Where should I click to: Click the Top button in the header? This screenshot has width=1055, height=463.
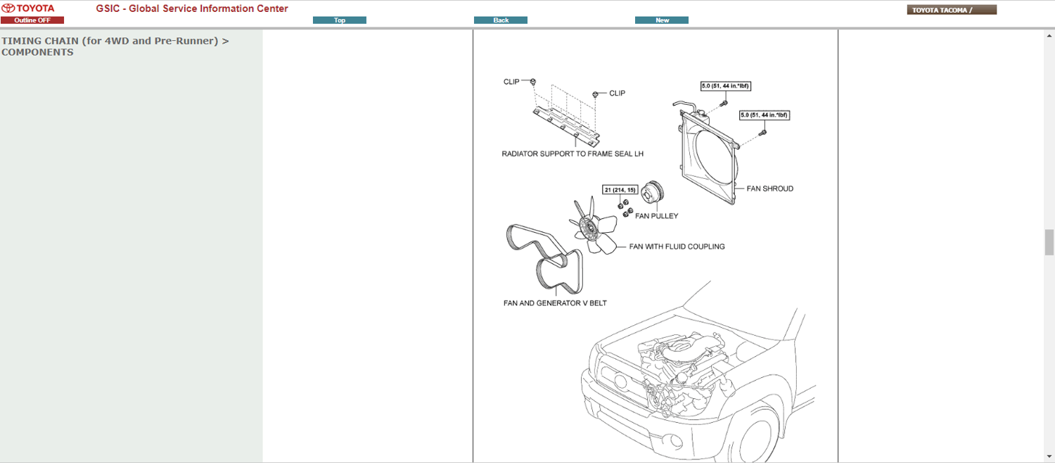point(339,20)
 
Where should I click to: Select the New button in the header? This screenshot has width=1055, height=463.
point(662,20)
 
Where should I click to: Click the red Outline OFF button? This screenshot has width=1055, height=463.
point(32,20)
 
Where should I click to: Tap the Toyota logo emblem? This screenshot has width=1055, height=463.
point(8,8)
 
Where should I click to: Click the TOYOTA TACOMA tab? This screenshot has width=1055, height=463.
point(952,10)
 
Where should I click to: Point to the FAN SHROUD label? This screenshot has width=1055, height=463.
point(769,189)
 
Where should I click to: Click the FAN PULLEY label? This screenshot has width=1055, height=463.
point(656,216)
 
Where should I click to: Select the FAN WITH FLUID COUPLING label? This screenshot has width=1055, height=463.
point(677,247)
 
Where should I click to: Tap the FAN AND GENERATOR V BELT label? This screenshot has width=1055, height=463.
point(555,303)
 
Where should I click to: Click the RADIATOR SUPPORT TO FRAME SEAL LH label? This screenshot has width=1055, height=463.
point(573,153)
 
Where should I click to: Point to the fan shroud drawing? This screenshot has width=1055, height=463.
point(707,158)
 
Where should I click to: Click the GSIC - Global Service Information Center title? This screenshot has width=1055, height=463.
point(192,8)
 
